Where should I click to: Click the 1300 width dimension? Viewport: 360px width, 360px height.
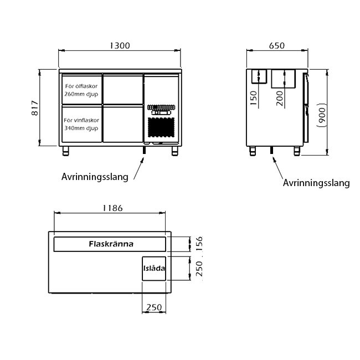[120, 45]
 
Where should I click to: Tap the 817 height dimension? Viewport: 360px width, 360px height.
[35, 107]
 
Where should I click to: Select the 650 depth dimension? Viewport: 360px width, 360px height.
[277, 45]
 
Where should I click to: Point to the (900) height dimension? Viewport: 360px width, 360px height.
[322, 115]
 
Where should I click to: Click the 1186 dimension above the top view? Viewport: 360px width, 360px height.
[112, 208]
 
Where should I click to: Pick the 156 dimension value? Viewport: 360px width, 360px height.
[199, 243]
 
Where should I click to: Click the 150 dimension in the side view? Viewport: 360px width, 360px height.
[253, 98]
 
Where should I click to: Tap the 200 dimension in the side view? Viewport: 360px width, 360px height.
[280, 98]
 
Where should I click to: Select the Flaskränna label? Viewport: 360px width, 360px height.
[111, 244]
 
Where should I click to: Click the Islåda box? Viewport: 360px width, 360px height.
[154, 269]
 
